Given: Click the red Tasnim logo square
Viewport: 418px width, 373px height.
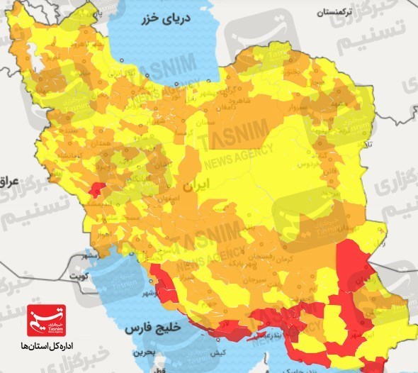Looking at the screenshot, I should coord(44,321).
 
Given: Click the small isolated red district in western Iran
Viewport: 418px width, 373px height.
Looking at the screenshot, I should coord(96,188).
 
